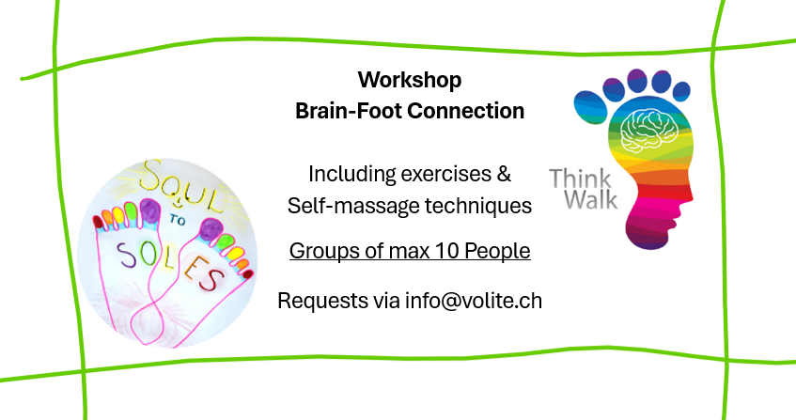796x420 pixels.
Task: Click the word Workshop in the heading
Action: click(410, 81)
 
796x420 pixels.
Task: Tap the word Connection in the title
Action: click(465, 111)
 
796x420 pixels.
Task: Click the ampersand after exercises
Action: click(504, 174)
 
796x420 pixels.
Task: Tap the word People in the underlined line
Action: click(497, 251)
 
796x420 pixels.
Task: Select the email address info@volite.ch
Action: click(473, 301)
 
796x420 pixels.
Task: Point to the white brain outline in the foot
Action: click(649, 131)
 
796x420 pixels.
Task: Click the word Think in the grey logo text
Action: click(580, 179)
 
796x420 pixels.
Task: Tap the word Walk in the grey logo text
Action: click(591, 199)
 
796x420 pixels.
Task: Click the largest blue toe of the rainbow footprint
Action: click(590, 106)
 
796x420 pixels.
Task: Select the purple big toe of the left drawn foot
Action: click(149, 211)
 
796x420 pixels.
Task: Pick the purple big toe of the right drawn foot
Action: click(211, 230)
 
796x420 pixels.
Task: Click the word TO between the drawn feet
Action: click(178, 220)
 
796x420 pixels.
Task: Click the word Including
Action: click(351, 175)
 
